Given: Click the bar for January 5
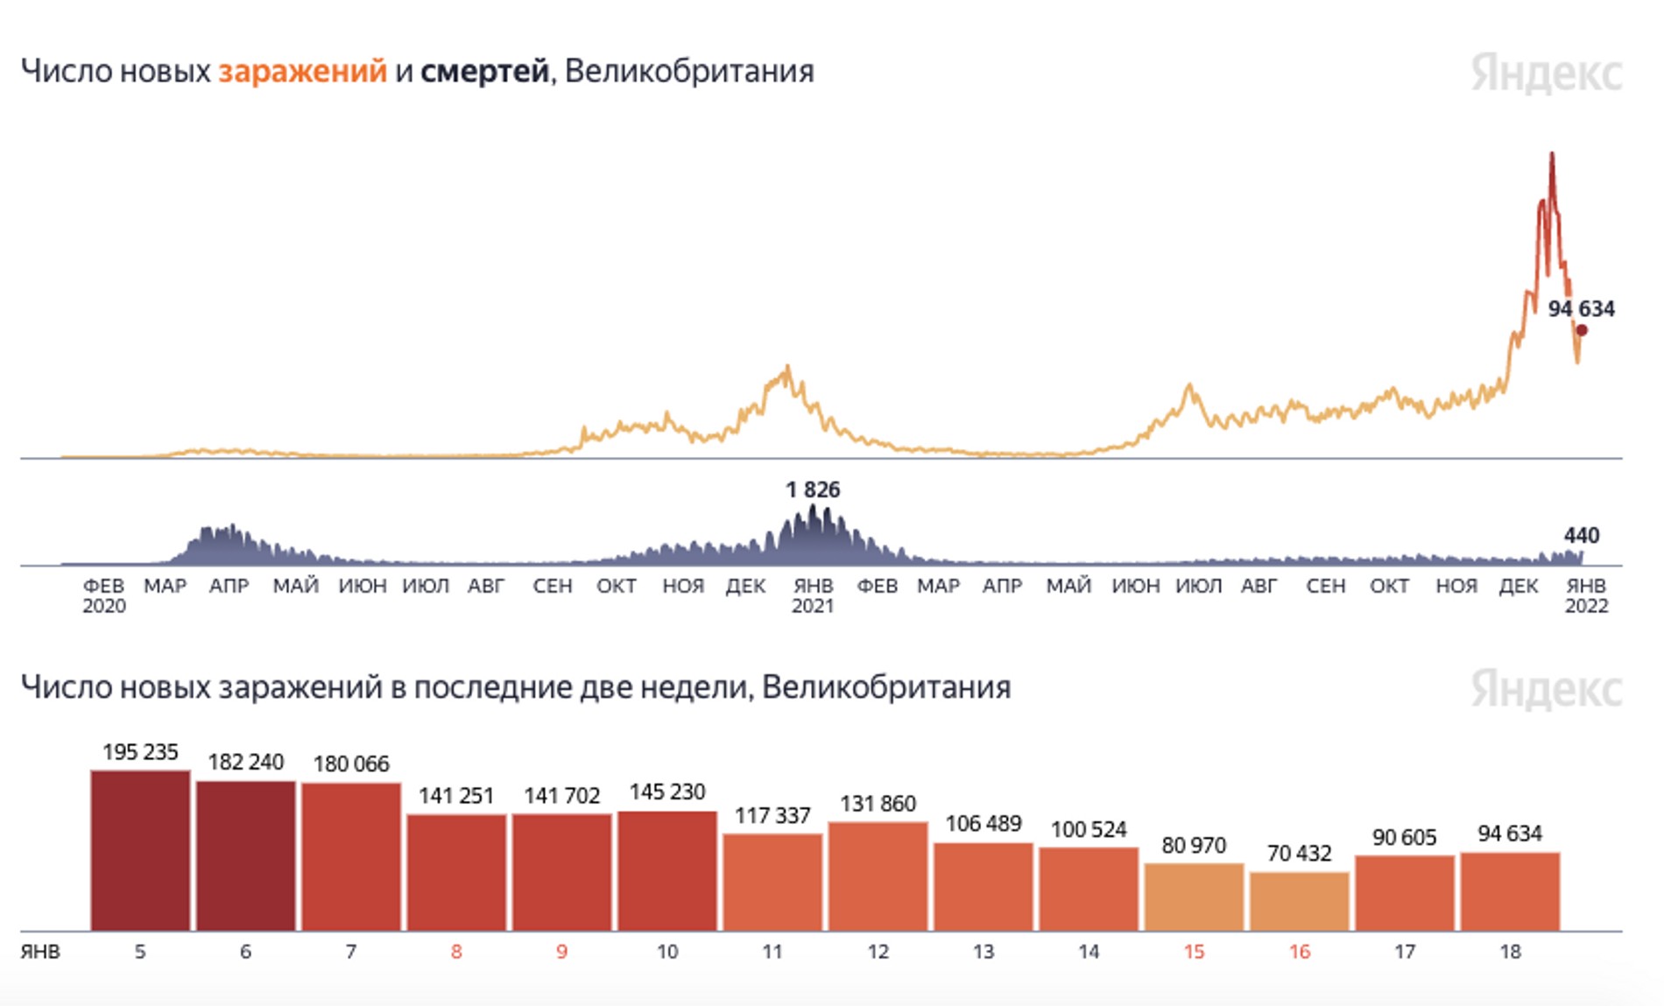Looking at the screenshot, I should tap(140, 850).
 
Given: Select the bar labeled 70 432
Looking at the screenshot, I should tap(1300, 901).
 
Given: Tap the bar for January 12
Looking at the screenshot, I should tap(878, 876).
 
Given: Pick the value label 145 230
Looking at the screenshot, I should tap(667, 792).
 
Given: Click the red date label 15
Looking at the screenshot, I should tap(1194, 952).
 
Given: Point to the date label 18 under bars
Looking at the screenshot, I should tap(1510, 952).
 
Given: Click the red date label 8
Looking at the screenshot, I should tap(456, 952).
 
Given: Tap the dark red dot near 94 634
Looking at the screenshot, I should tap(1582, 330).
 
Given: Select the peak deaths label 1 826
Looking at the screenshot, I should tap(813, 490).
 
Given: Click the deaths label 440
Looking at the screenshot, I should tap(1582, 535).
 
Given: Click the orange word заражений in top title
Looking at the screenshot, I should tap(302, 72).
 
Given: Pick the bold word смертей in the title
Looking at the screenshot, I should tap(484, 72).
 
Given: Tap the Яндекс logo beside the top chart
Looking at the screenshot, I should tap(1547, 73).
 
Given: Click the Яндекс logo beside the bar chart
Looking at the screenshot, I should tap(1547, 688).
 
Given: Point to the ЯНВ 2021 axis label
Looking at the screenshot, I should tap(813, 595).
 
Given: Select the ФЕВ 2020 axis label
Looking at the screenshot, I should tap(104, 595).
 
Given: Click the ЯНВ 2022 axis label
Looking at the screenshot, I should tap(1586, 595).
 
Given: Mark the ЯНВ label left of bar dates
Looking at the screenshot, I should tap(40, 952).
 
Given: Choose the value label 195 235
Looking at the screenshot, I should tap(140, 752).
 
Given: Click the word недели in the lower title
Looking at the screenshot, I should tap(695, 688).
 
